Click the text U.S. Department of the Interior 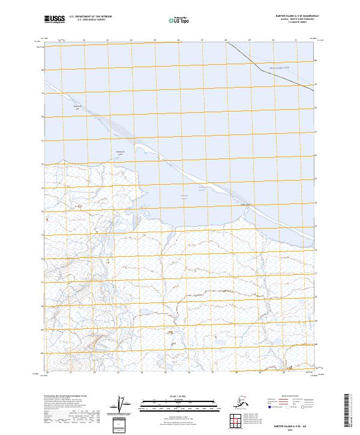tap(89, 17)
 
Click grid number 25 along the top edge tap(155, 40)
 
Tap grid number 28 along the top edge tap(226, 40)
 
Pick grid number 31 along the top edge tap(296, 40)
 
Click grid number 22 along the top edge tap(84, 40)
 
